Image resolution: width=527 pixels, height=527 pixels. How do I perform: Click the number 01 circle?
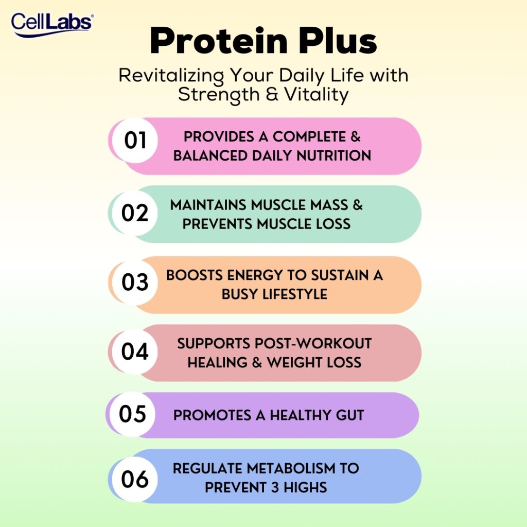point(135,141)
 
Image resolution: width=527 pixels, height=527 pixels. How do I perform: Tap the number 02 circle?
point(135,213)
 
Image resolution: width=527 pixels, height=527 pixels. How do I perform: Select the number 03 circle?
point(135,283)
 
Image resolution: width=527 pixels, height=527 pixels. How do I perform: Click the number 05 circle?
point(133,414)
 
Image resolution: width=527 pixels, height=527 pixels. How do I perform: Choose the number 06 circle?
point(135,479)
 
